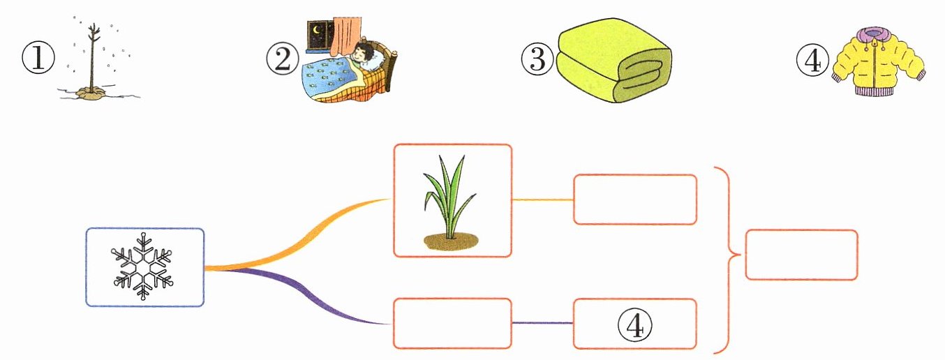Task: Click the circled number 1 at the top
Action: point(38,58)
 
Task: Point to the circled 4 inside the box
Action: point(634,324)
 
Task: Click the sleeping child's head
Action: point(364,54)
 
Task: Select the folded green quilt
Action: point(613,61)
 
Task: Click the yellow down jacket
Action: point(878,62)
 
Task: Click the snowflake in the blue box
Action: point(143,267)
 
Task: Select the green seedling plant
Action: point(449,197)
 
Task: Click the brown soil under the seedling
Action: point(451,241)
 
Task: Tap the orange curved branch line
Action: point(297,239)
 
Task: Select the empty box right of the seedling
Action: point(634,199)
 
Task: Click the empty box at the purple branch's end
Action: point(452,323)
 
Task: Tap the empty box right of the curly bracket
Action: point(801,255)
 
